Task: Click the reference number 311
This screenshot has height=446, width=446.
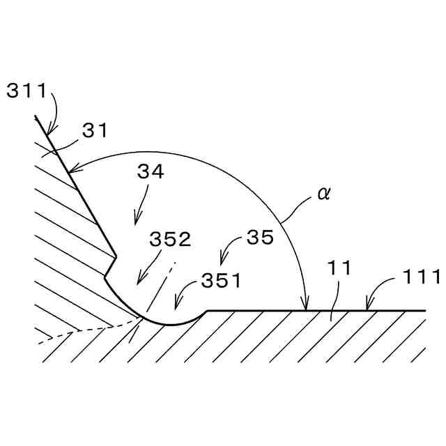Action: coord(26,91)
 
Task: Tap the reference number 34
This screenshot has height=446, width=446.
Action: coord(151,172)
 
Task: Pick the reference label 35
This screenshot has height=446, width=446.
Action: coord(260,238)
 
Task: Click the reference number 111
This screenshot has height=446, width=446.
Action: coord(422,277)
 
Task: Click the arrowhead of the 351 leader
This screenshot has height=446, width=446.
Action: coord(176,306)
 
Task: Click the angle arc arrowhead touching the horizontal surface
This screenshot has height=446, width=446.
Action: coord(305,307)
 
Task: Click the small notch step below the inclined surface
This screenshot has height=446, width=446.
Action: coord(110,266)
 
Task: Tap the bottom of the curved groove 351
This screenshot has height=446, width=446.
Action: coord(171,323)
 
